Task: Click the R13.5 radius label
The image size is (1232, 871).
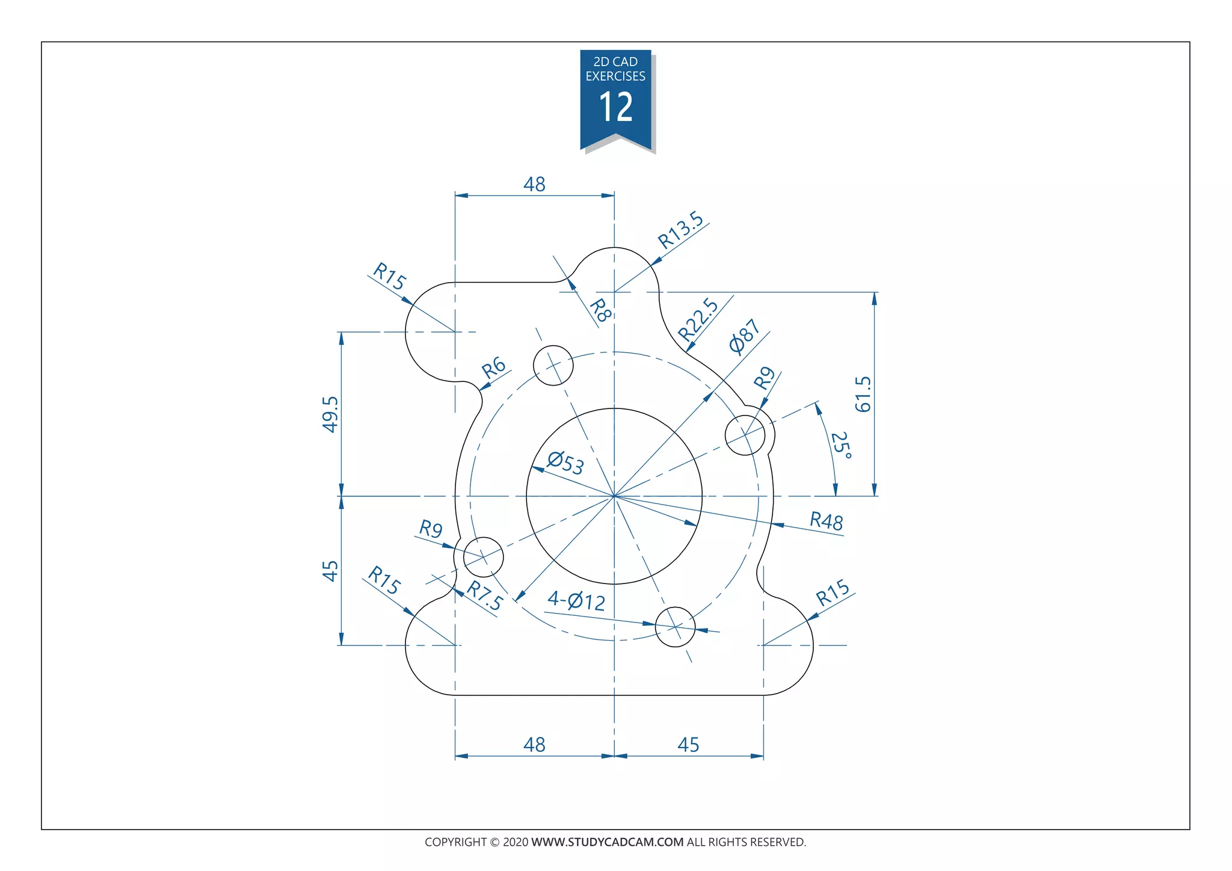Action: pos(680,230)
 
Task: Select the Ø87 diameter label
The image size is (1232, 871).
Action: pos(745,336)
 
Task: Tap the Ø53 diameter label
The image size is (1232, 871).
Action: pos(565,463)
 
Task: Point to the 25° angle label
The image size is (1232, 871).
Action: pos(841,446)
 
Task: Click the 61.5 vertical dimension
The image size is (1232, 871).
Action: pos(863,394)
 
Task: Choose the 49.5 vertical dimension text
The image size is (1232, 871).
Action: pos(330,414)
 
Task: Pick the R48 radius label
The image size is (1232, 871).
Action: pos(826,520)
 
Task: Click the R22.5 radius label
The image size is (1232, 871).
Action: pos(698,320)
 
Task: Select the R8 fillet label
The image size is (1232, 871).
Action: pos(600,310)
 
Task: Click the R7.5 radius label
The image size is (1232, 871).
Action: pos(485,596)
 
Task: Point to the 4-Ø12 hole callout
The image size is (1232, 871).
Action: pos(576,600)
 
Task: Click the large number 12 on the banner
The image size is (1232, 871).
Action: pos(615,108)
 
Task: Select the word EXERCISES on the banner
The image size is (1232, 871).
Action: pos(615,76)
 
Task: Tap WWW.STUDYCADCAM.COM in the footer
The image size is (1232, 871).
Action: pos(607,842)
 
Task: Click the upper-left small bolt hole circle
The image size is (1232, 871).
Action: pos(553,365)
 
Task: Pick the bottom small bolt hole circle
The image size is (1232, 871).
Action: pos(675,627)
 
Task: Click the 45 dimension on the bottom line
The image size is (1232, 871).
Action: pos(688,745)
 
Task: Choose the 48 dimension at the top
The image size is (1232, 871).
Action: pos(534,184)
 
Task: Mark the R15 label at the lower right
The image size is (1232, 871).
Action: pos(833,593)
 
